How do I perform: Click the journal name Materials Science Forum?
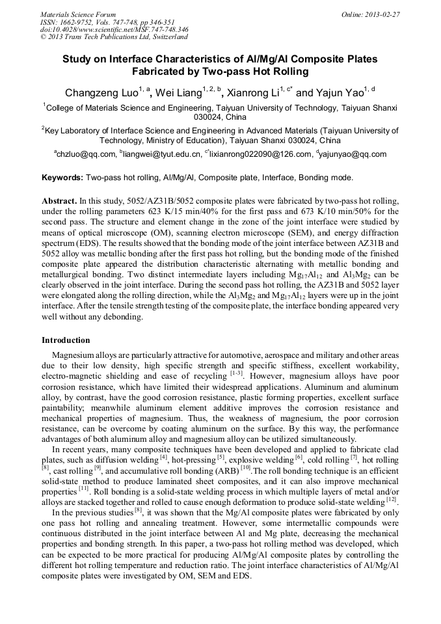coord(78,14)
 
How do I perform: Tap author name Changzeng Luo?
coord(103,93)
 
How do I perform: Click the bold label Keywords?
coord(62,178)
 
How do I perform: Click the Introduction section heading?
coord(66,340)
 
